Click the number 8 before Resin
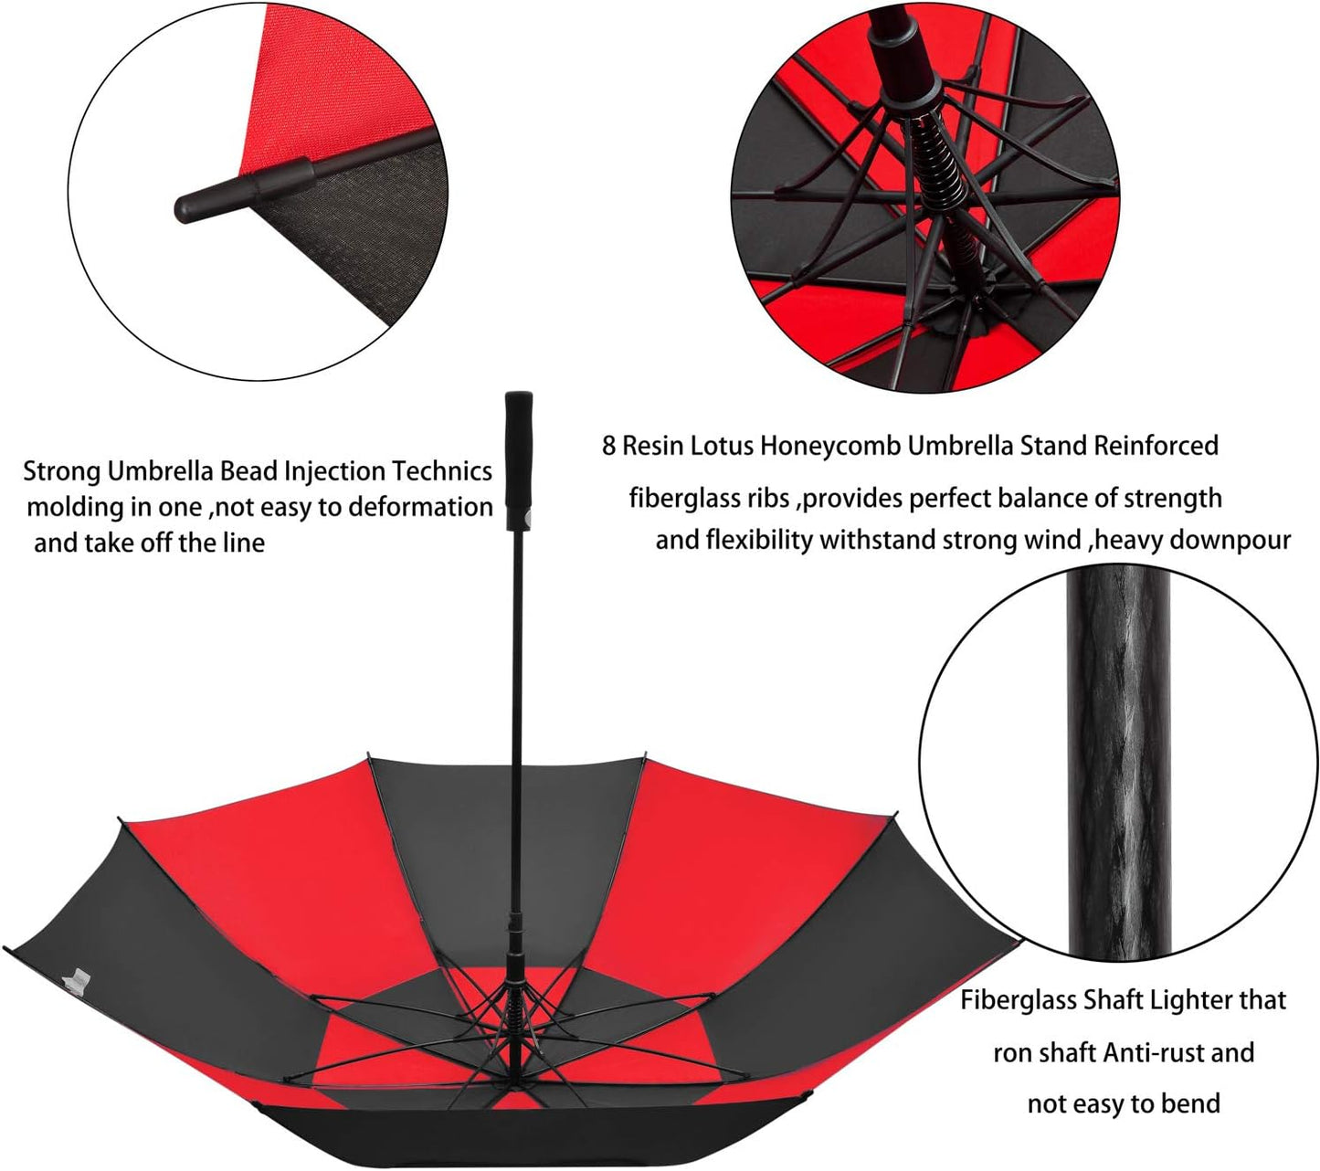(x=610, y=447)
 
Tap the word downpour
(x=1237, y=540)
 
